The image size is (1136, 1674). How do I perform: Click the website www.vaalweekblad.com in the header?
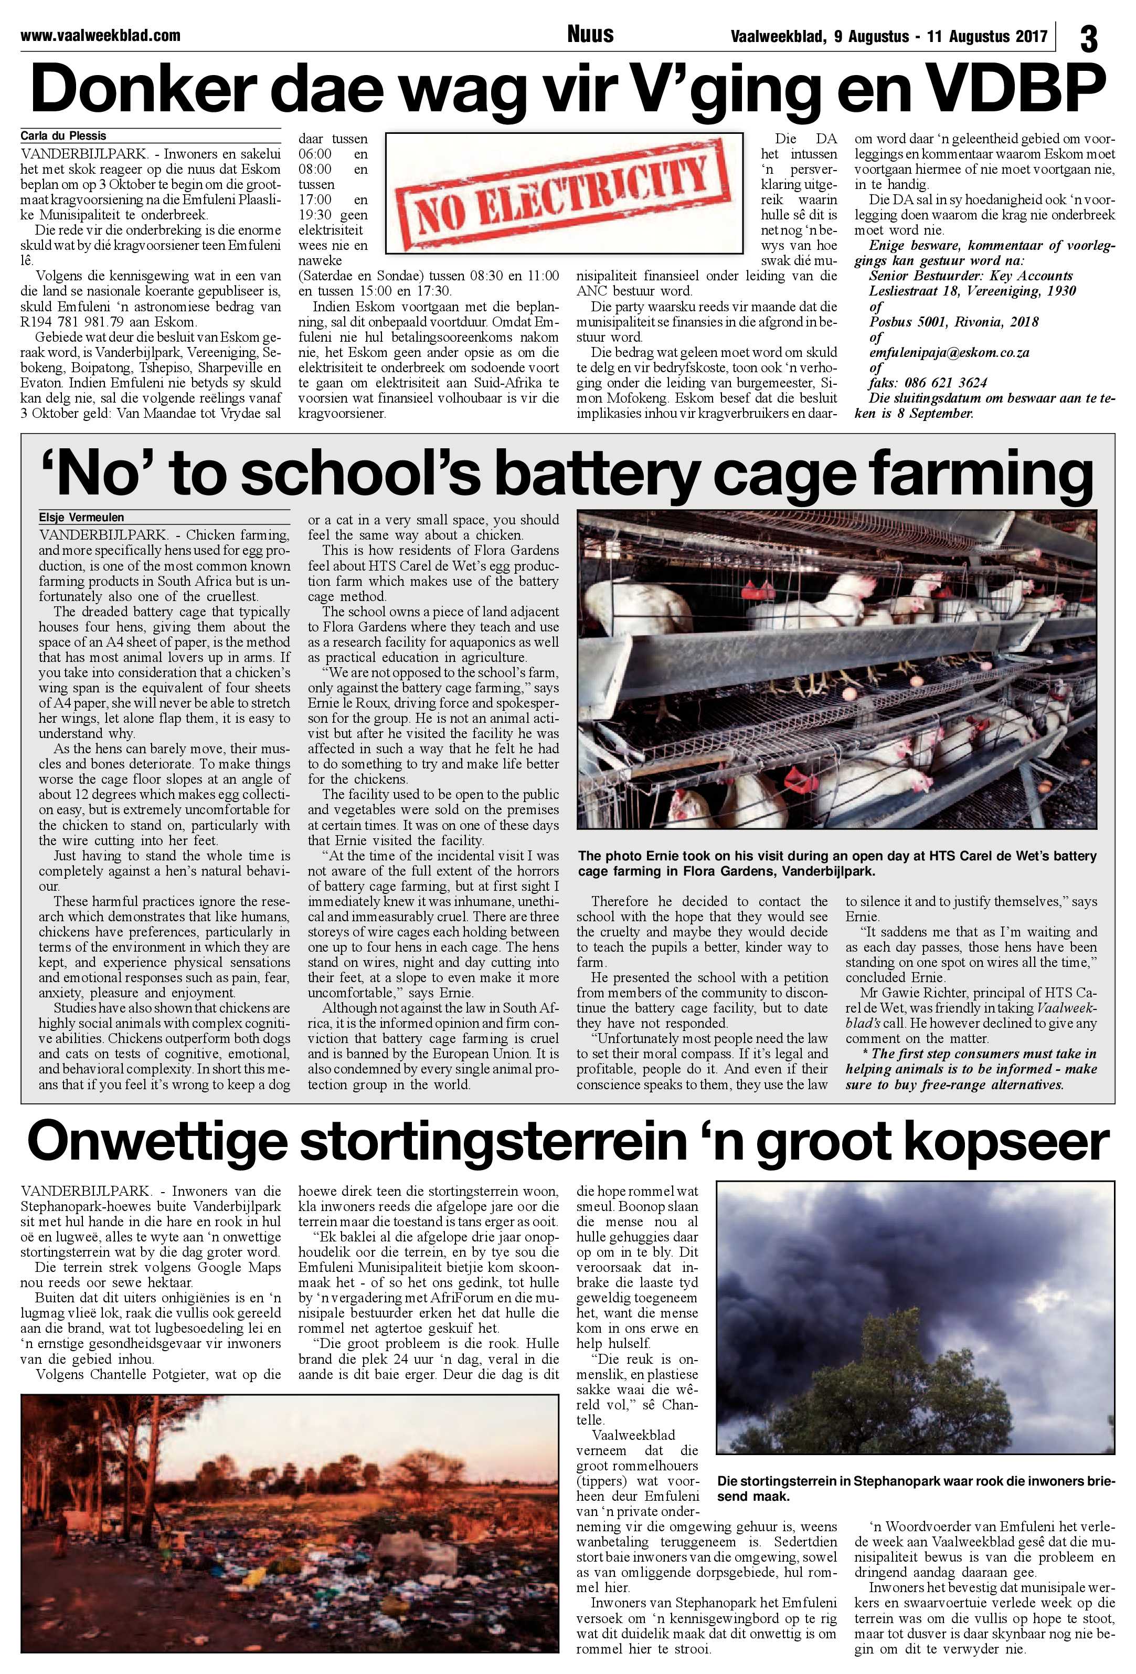(100, 35)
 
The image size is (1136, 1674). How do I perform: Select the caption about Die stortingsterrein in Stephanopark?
(915, 1488)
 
